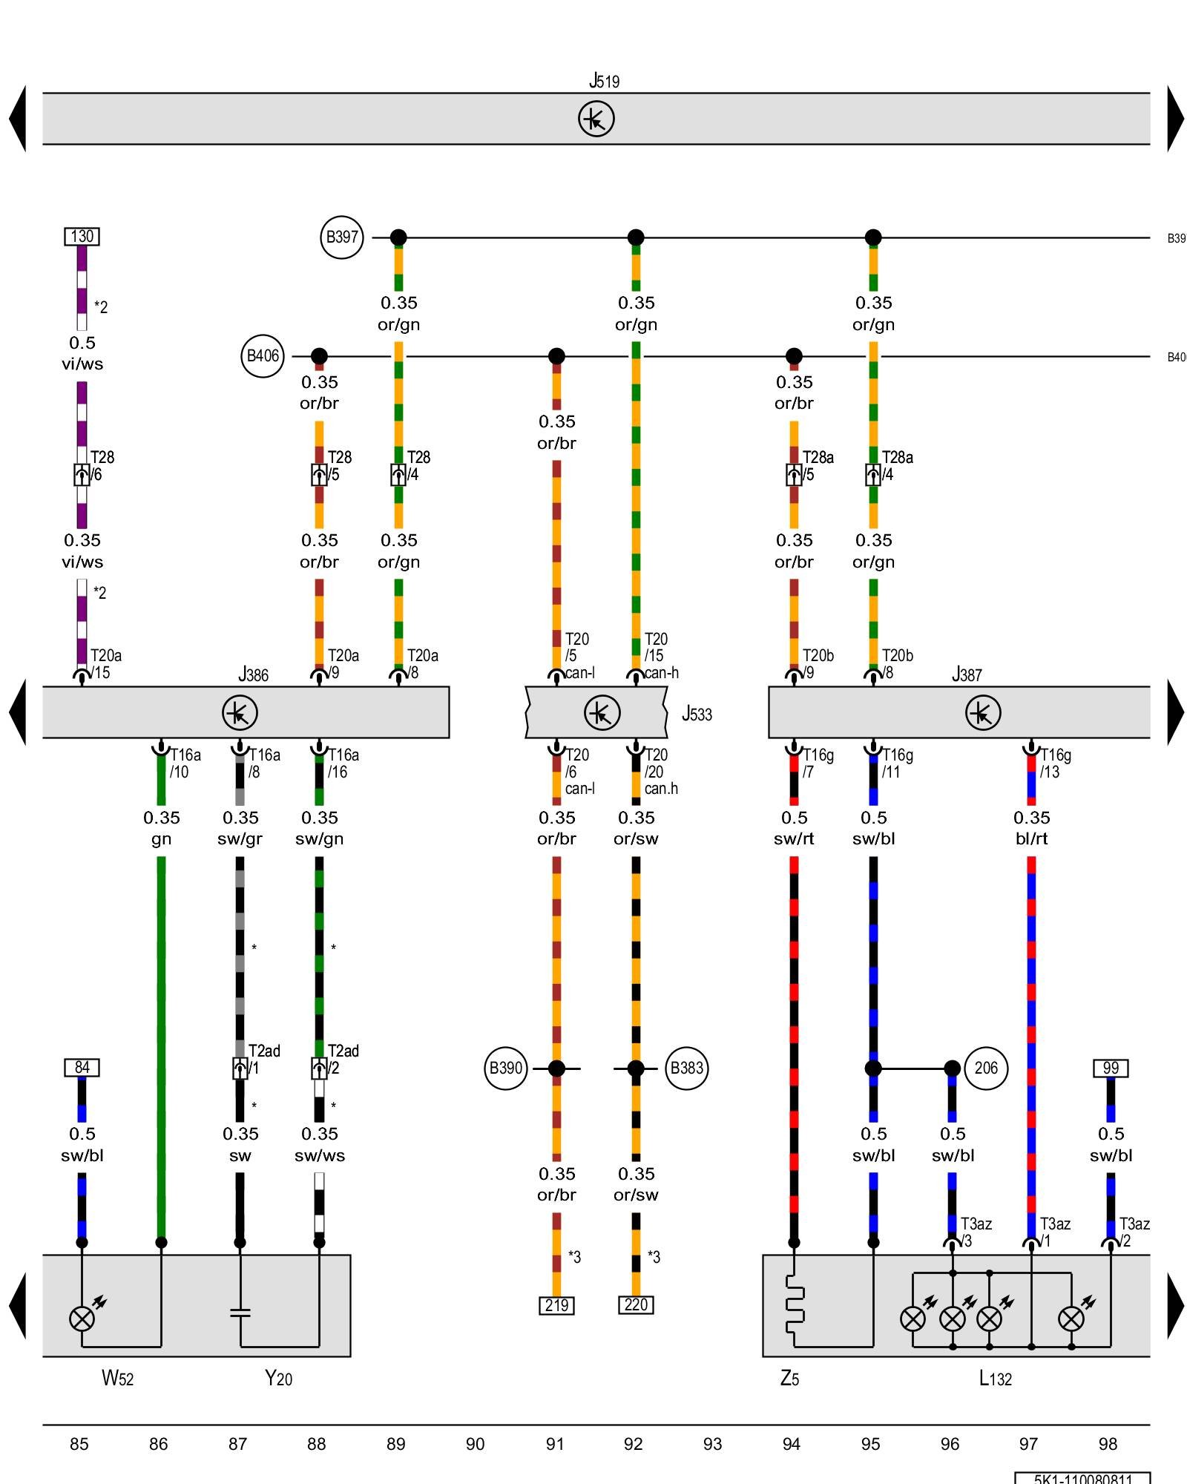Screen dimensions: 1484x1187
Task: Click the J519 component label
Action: click(x=604, y=80)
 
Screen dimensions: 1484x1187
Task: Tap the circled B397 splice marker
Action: click(x=342, y=237)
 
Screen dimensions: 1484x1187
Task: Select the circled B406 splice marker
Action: click(x=263, y=356)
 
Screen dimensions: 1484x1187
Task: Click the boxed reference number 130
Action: click(x=82, y=237)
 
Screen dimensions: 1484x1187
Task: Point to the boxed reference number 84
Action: click(x=82, y=1068)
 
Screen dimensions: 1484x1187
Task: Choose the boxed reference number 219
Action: click(x=556, y=1305)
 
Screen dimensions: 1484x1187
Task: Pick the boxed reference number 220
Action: click(x=636, y=1304)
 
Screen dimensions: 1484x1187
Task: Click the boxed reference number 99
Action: click(x=1111, y=1068)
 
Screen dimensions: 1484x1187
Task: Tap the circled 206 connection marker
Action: click(x=986, y=1068)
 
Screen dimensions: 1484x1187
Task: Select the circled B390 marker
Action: click(x=505, y=1068)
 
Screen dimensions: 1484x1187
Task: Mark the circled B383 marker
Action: click(x=686, y=1068)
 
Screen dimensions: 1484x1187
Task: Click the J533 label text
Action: click(x=697, y=714)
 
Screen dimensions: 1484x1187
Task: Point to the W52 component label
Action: click(x=117, y=1379)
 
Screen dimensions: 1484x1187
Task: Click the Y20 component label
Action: click(x=278, y=1379)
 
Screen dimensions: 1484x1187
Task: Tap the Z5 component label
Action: click(x=789, y=1379)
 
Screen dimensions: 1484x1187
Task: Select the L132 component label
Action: click(x=995, y=1379)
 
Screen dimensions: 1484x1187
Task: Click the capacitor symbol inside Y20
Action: click(x=240, y=1313)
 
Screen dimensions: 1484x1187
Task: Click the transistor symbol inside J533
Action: click(x=602, y=713)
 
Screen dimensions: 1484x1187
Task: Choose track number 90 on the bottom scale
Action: click(x=475, y=1444)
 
